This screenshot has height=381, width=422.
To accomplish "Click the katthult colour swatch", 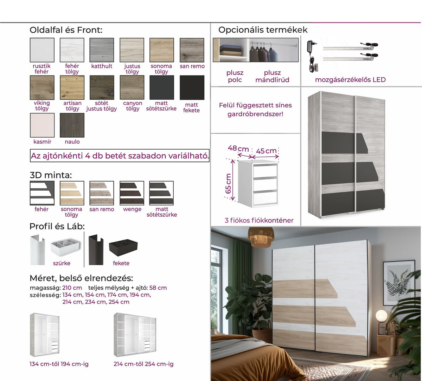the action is click(102, 50).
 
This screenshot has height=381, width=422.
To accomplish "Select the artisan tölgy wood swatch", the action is click(72, 87).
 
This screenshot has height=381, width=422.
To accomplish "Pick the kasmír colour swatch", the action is click(42, 125).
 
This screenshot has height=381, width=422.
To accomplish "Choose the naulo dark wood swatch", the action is click(72, 125).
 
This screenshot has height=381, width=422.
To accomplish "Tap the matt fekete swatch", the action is click(192, 87).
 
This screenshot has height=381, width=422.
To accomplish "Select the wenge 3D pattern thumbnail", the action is click(132, 193).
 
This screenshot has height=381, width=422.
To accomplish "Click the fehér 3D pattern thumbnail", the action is click(42, 193).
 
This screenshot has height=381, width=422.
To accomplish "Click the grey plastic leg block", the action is click(65, 247).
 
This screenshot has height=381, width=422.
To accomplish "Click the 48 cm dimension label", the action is click(238, 149).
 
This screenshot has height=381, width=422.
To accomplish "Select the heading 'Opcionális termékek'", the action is click(263, 30).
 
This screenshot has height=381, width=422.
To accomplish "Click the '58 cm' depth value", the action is click(158, 288).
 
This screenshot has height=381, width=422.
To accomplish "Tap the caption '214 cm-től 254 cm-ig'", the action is click(143, 364).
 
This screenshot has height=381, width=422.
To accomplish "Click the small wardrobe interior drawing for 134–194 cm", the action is click(45, 335).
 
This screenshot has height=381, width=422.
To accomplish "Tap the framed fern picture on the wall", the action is click(399, 283).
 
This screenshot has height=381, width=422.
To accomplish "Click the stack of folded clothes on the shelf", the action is click(231, 50).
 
